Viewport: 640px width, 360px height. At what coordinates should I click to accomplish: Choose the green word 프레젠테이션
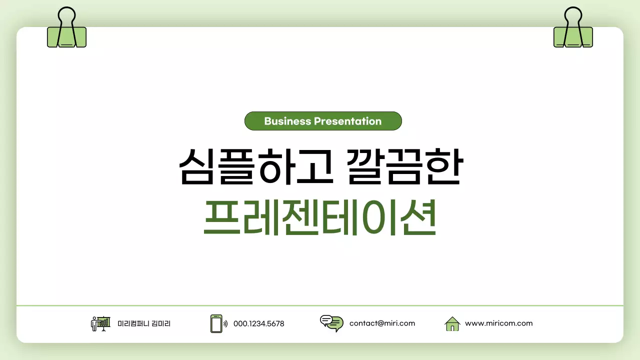pos(320,219)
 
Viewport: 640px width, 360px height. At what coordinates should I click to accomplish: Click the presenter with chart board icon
pos(100,323)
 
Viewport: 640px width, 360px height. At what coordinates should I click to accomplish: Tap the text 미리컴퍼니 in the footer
pos(133,324)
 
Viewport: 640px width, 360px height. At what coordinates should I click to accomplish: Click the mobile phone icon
pos(216,323)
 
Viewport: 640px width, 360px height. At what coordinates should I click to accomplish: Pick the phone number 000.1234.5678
pos(258,324)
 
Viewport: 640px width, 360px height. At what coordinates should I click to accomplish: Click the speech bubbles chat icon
pos(331,323)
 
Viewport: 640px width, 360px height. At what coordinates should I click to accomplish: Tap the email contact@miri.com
pos(382,323)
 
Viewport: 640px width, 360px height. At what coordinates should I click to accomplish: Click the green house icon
pos(452,324)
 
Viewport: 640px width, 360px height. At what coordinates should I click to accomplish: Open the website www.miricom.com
pos(498,323)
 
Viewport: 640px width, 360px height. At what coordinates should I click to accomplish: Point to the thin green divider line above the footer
pos(320,305)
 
